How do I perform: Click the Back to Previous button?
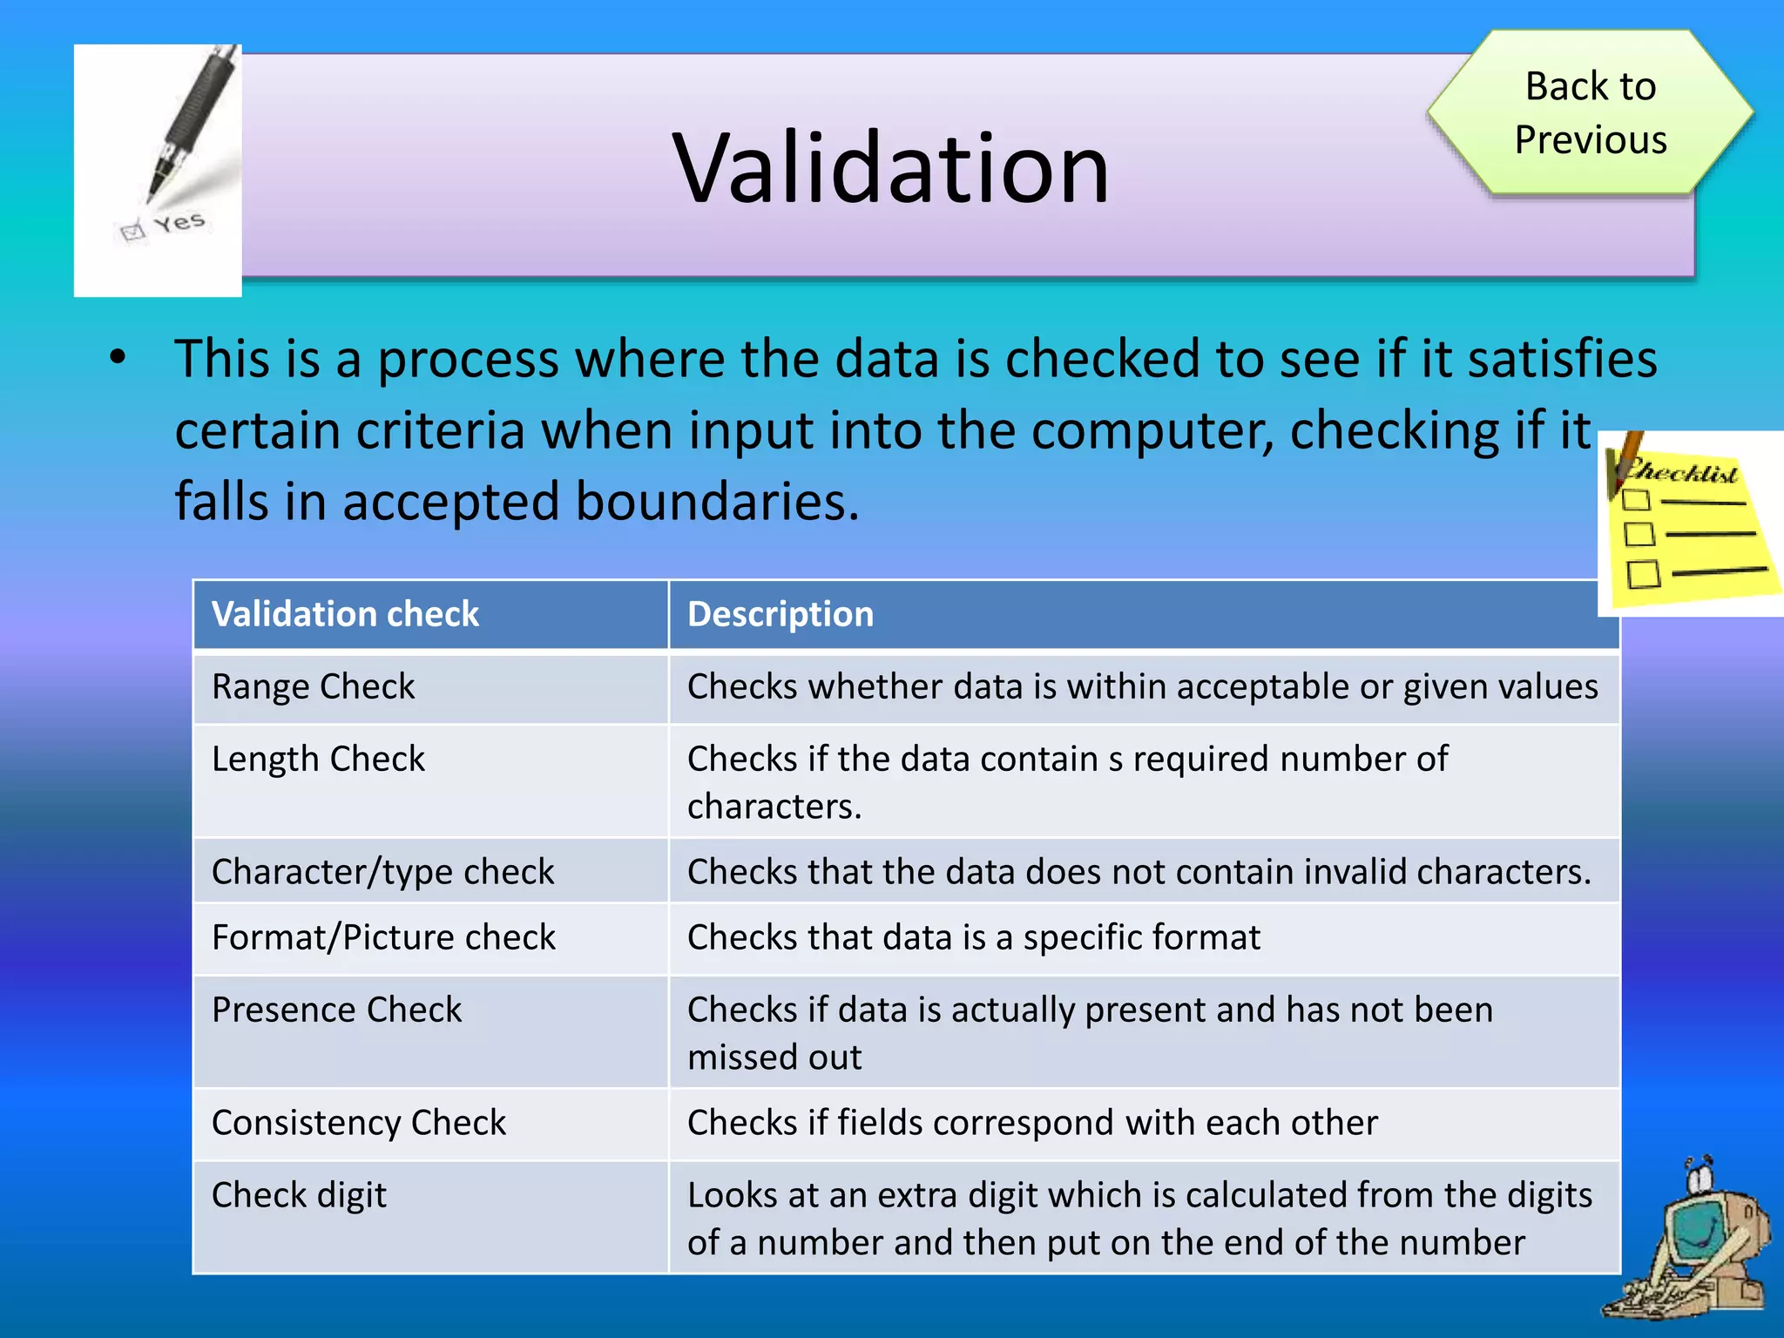(1590, 112)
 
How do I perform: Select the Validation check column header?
(345, 614)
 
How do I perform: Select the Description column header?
(780, 614)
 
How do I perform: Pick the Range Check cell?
(314, 686)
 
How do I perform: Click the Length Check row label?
(318, 759)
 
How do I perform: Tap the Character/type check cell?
(382, 871)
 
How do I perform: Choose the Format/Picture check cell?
(383, 937)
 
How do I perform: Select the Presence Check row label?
(336, 1010)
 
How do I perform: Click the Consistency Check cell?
(358, 1122)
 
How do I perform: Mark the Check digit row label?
(299, 1195)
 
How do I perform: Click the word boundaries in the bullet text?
(713, 502)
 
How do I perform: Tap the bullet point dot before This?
(118, 358)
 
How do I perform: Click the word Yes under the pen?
(179, 223)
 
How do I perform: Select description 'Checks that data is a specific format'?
(973, 937)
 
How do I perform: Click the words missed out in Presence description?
(774, 1058)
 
